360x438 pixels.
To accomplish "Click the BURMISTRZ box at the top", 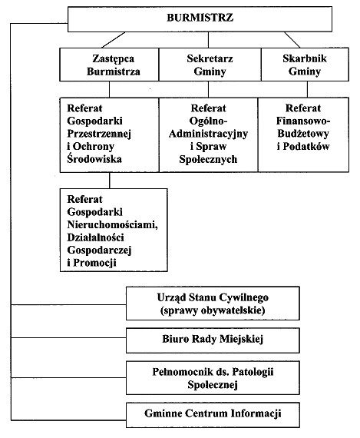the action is (200, 19).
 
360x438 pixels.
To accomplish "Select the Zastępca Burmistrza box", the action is (109, 65).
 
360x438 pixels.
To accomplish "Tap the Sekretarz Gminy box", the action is (210, 65).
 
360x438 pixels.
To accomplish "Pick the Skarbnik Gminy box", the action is (305, 65).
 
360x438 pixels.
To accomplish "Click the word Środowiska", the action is (94, 159).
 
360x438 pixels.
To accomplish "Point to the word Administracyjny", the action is (208, 134).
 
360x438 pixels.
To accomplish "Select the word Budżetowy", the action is (303, 134).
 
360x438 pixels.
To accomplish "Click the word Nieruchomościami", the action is (113, 224).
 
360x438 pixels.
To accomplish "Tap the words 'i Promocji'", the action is (92, 263).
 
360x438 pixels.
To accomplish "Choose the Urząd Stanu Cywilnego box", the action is (213, 304).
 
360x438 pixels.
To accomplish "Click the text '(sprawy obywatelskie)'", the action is (213, 310).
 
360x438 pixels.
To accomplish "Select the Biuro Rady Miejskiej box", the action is (213, 340).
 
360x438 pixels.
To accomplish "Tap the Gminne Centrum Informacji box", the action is (213, 415).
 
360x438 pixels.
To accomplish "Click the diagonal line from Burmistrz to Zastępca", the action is (114, 40).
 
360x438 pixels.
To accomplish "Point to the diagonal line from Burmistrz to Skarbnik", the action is (292, 40).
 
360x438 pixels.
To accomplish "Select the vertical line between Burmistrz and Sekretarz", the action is (208, 40).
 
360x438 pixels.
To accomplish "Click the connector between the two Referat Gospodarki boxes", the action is (110, 181).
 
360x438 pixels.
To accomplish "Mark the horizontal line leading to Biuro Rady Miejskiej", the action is (68, 337).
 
